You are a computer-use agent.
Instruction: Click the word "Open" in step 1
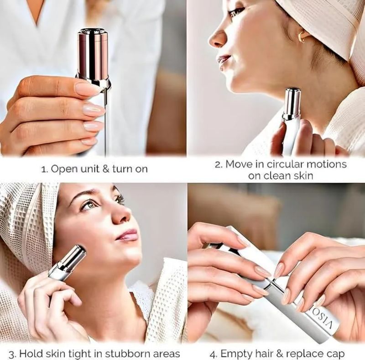click(x=63, y=169)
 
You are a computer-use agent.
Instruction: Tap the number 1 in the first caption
click(x=44, y=169)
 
